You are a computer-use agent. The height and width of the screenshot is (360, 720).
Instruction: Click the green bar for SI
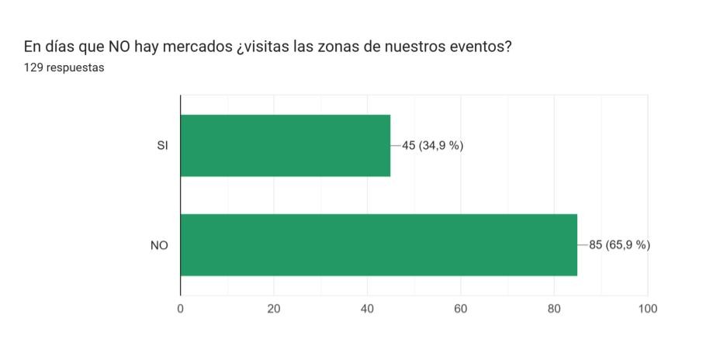click(285, 145)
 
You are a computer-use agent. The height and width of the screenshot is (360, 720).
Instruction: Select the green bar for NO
click(379, 244)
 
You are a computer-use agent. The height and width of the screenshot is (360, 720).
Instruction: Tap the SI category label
click(162, 145)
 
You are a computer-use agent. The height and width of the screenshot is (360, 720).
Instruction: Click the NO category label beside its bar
click(160, 245)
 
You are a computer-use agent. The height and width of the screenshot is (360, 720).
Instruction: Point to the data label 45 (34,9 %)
click(432, 145)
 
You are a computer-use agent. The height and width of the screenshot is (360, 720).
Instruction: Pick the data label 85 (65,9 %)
click(619, 245)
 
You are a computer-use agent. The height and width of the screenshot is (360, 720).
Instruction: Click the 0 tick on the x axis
click(181, 309)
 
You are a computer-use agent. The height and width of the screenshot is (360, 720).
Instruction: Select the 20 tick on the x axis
click(274, 309)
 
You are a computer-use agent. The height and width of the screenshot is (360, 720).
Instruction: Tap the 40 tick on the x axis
click(367, 309)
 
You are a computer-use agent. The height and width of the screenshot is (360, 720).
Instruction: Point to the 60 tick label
click(461, 309)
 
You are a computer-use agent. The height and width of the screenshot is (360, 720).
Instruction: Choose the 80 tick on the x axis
click(554, 309)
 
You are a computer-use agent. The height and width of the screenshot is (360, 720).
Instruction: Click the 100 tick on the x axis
click(647, 309)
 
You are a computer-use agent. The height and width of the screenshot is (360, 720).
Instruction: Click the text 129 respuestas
click(64, 67)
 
